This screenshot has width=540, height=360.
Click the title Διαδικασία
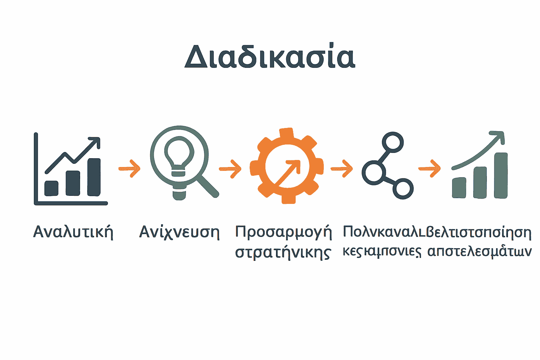click(x=270, y=56)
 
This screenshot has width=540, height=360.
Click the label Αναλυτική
click(x=73, y=232)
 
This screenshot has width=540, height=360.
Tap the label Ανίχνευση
click(x=179, y=232)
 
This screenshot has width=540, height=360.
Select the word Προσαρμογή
click(x=283, y=232)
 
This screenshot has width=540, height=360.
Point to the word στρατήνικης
click(x=283, y=253)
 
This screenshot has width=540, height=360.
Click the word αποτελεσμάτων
click(x=479, y=251)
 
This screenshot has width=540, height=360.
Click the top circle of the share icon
click(x=393, y=142)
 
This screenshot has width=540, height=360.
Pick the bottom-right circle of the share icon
click(x=403, y=189)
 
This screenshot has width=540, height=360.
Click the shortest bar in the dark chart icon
click(x=51, y=188)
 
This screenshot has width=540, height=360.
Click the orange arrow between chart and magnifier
click(x=130, y=168)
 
